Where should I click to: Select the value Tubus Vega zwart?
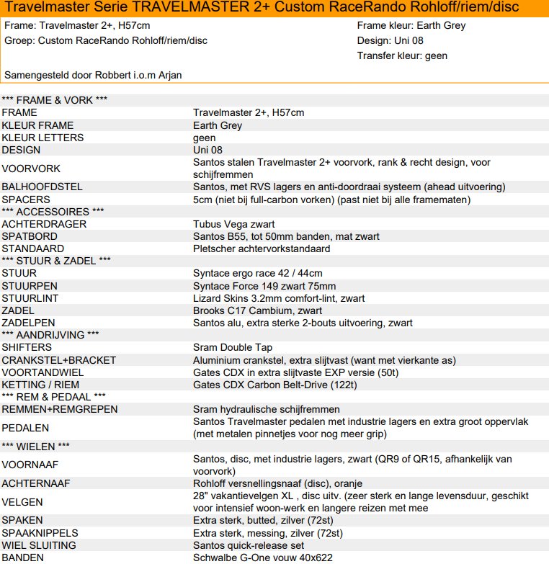pos(233,224)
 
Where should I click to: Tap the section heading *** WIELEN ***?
pos(35,446)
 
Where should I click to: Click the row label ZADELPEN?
pos(28,323)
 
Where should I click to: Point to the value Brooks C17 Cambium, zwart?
pos(257,310)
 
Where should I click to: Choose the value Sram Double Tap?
pos(233,347)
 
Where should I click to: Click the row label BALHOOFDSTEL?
pos(42,187)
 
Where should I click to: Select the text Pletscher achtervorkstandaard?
pos(262,249)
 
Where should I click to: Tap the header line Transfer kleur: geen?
pos(402,55)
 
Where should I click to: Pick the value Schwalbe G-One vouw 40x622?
pos(263,558)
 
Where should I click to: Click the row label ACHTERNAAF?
pos(35,483)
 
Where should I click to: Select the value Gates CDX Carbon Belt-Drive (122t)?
pos(275,385)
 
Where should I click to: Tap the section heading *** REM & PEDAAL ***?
pos(54,396)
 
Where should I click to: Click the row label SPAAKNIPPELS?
pos(39,533)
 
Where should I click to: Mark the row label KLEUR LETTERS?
pos(43,138)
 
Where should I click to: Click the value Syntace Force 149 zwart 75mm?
pos(264,286)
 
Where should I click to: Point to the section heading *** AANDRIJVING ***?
pos(50,335)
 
